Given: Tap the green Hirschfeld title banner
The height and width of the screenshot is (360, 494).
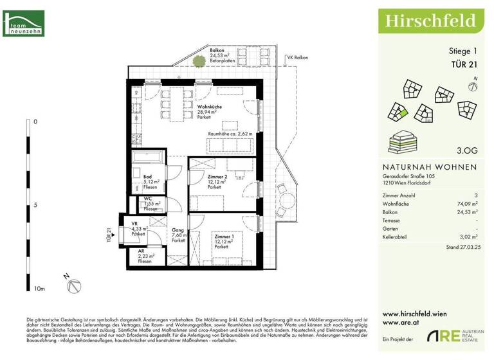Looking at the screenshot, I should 430,21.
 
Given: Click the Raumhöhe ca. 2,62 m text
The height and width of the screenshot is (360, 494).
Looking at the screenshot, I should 230,134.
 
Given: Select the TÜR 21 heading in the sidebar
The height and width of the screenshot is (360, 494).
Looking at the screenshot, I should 464,64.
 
